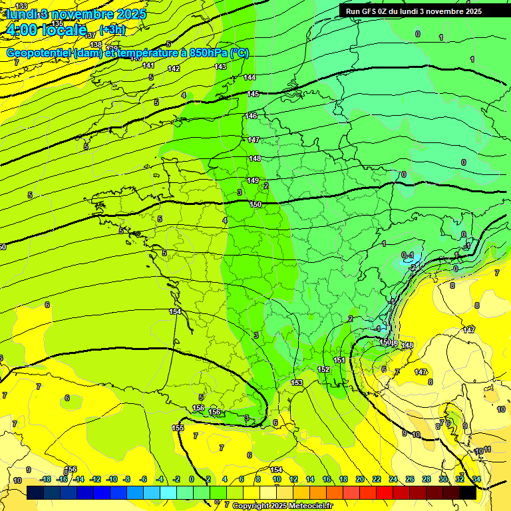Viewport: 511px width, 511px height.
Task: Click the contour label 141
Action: [x=148, y=65]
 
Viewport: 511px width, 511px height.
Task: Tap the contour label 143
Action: [x=220, y=67]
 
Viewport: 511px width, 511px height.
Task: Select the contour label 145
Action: [x=253, y=94]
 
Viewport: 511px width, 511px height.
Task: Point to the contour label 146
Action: [x=251, y=116]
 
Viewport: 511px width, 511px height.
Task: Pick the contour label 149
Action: [x=253, y=180]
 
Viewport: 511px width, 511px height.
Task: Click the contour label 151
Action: [x=339, y=360]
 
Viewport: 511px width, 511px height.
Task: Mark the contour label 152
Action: [x=323, y=369]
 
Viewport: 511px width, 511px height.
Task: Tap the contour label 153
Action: [x=297, y=383]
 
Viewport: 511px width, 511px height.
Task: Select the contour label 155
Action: [x=178, y=428]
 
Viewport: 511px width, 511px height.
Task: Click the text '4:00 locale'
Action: [x=45, y=29]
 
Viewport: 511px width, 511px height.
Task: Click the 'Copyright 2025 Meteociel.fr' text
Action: [x=283, y=506]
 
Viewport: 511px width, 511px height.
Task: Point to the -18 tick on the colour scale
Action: [x=45, y=479]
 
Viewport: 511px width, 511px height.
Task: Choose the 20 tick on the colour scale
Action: [x=360, y=479]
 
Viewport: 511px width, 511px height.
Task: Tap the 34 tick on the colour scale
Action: [x=476, y=479]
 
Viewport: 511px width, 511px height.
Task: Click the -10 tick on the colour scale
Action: [x=112, y=479]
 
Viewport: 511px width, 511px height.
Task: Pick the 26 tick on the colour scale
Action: [x=410, y=479]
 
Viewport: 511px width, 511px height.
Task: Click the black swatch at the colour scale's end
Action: [x=468, y=492]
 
